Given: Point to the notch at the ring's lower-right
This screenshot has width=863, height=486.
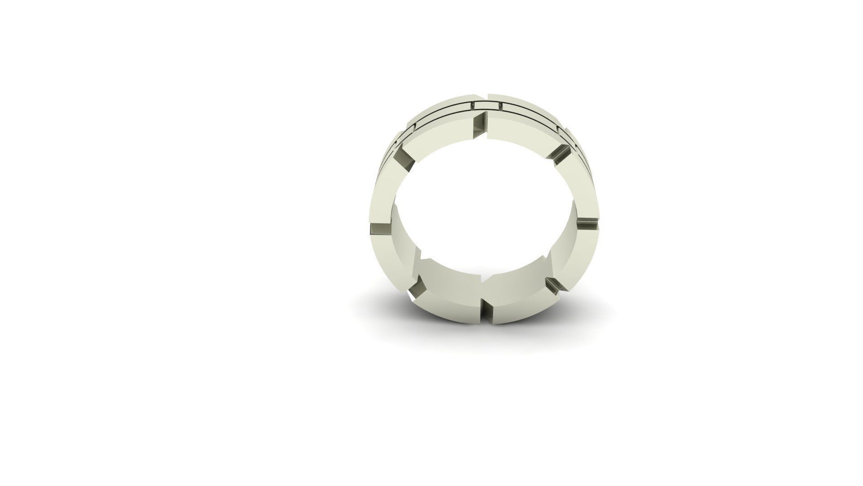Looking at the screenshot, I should coord(556,285).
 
